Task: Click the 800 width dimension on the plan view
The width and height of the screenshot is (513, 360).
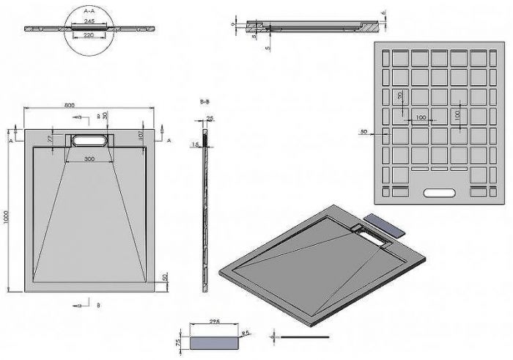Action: click(x=69, y=106)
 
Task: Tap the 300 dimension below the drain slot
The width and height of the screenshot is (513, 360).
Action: click(x=89, y=158)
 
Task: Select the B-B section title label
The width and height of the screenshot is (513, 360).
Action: click(x=205, y=104)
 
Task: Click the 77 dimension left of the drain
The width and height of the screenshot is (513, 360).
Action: click(x=50, y=138)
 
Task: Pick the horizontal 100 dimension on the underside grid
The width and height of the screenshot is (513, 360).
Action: click(x=421, y=118)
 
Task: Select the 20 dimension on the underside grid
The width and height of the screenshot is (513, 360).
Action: click(x=400, y=96)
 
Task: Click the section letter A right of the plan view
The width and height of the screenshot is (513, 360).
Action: click(x=169, y=139)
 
